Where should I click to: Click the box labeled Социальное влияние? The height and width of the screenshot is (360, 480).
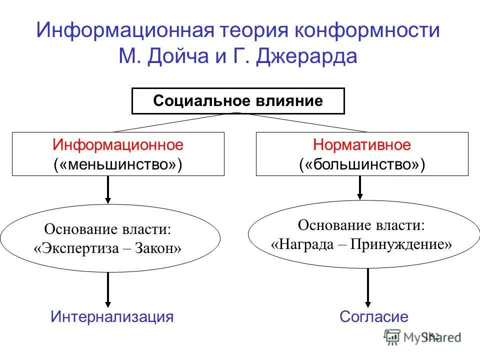(x=238, y=101)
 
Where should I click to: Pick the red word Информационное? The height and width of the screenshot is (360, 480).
(x=118, y=145)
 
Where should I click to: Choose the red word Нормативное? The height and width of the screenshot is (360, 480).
(x=361, y=145)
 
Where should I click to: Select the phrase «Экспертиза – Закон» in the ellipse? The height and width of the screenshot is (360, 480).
(x=108, y=248)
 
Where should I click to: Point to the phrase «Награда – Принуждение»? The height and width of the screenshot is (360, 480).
(x=361, y=244)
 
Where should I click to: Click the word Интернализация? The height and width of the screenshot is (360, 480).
(x=112, y=316)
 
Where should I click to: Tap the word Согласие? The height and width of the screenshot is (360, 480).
(x=374, y=316)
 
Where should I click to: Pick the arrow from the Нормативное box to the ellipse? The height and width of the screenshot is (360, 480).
(x=359, y=187)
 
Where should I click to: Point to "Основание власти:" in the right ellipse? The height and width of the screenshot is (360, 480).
(x=361, y=225)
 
